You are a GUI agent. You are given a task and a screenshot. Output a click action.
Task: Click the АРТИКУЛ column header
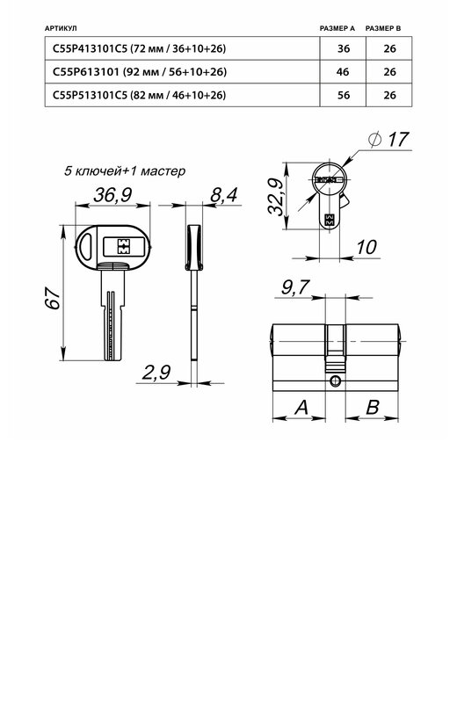click(61, 28)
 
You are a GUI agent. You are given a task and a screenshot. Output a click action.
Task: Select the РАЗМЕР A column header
click(337, 28)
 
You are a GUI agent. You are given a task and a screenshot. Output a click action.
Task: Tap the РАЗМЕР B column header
click(383, 28)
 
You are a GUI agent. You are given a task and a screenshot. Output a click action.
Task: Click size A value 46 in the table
click(343, 72)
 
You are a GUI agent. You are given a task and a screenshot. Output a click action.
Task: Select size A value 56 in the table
click(344, 95)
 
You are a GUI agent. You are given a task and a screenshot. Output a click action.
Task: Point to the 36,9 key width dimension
click(112, 195)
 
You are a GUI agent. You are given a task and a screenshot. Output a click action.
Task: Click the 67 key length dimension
click(53, 298)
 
